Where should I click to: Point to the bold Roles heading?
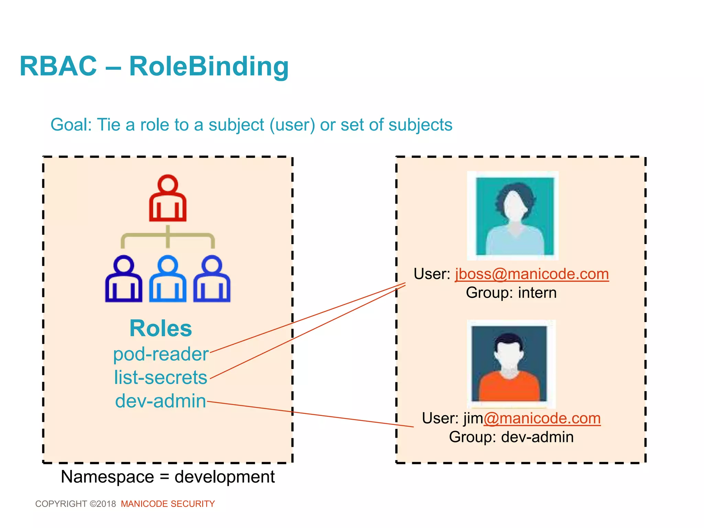(x=161, y=328)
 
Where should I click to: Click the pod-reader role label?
(x=161, y=354)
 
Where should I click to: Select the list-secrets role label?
(x=161, y=377)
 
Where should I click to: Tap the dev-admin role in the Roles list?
(x=161, y=401)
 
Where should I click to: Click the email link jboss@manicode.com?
(x=532, y=274)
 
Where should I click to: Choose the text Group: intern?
(x=511, y=293)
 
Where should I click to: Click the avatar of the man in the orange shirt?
(x=511, y=364)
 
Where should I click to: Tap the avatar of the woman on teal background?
(x=513, y=216)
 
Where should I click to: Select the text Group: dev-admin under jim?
(x=511, y=437)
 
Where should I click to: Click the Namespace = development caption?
(x=168, y=477)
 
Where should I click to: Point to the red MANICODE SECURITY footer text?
(x=168, y=504)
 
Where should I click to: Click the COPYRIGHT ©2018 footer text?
(x=76, y=504)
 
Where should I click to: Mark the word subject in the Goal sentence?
(x=236, y=125)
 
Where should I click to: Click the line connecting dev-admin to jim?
(x=309, y=414)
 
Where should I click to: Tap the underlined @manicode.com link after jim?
(x=542, y=418)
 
